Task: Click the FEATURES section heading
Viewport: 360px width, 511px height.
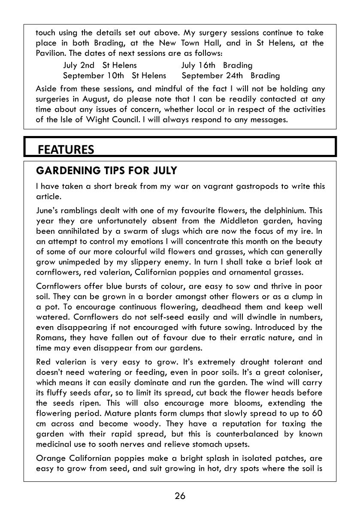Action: pos(66,149)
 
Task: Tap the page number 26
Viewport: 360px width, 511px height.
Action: pos(180,496)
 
